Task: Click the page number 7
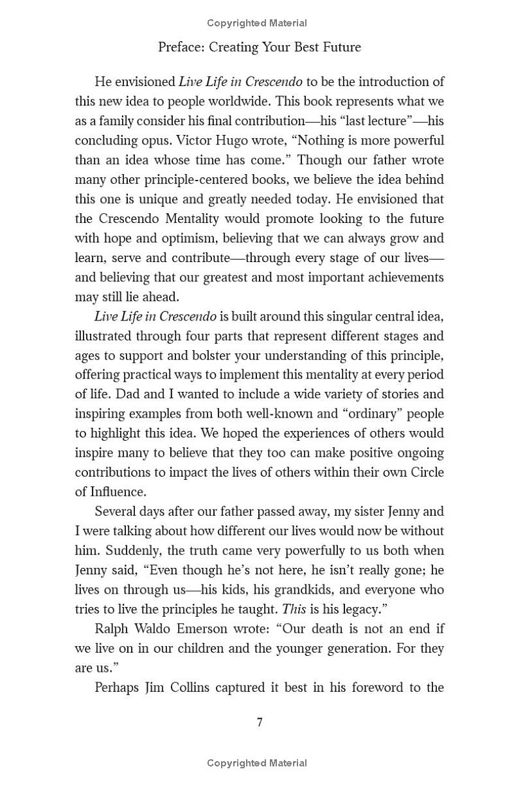click(260, 722)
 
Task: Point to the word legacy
click(368, 609)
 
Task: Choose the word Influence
click(115, 492)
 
